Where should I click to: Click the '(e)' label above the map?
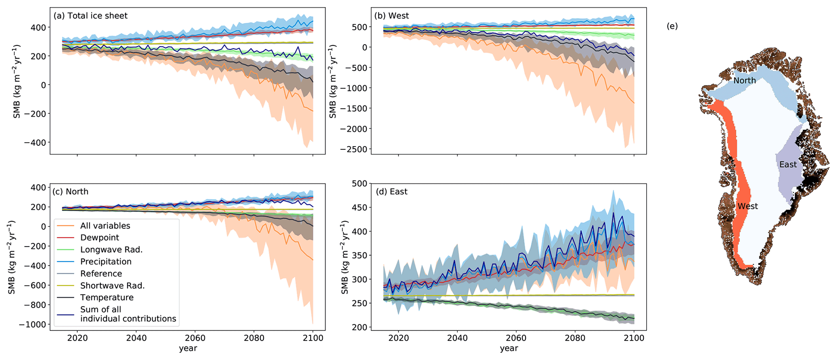pyautogui.click(x=672, y=26)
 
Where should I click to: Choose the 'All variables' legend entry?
pyautogui.click(x=105, y=226)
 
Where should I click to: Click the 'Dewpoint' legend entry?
pyautogui.click(x=100, y=238)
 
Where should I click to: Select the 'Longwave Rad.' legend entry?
pyautogui.click(x=111, y=250)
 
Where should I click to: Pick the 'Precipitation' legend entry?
pyautogui.click(x=106, y=262)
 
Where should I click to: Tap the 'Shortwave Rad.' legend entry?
pyautogui.click(x=112, y=285)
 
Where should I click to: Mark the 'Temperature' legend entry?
pyautogui.click(x=106, y=298)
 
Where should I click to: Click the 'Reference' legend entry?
pyautogui.click(x=101, y=274)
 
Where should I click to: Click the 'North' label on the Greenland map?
pyautogui.click(x=744, y=81)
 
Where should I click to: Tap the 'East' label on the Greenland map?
pyautogui.click(x=788, y=164)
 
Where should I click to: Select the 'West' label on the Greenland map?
pyautogui.click(x=747, y=206)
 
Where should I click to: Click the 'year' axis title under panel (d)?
pyautogui.click(x=509, y=348)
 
